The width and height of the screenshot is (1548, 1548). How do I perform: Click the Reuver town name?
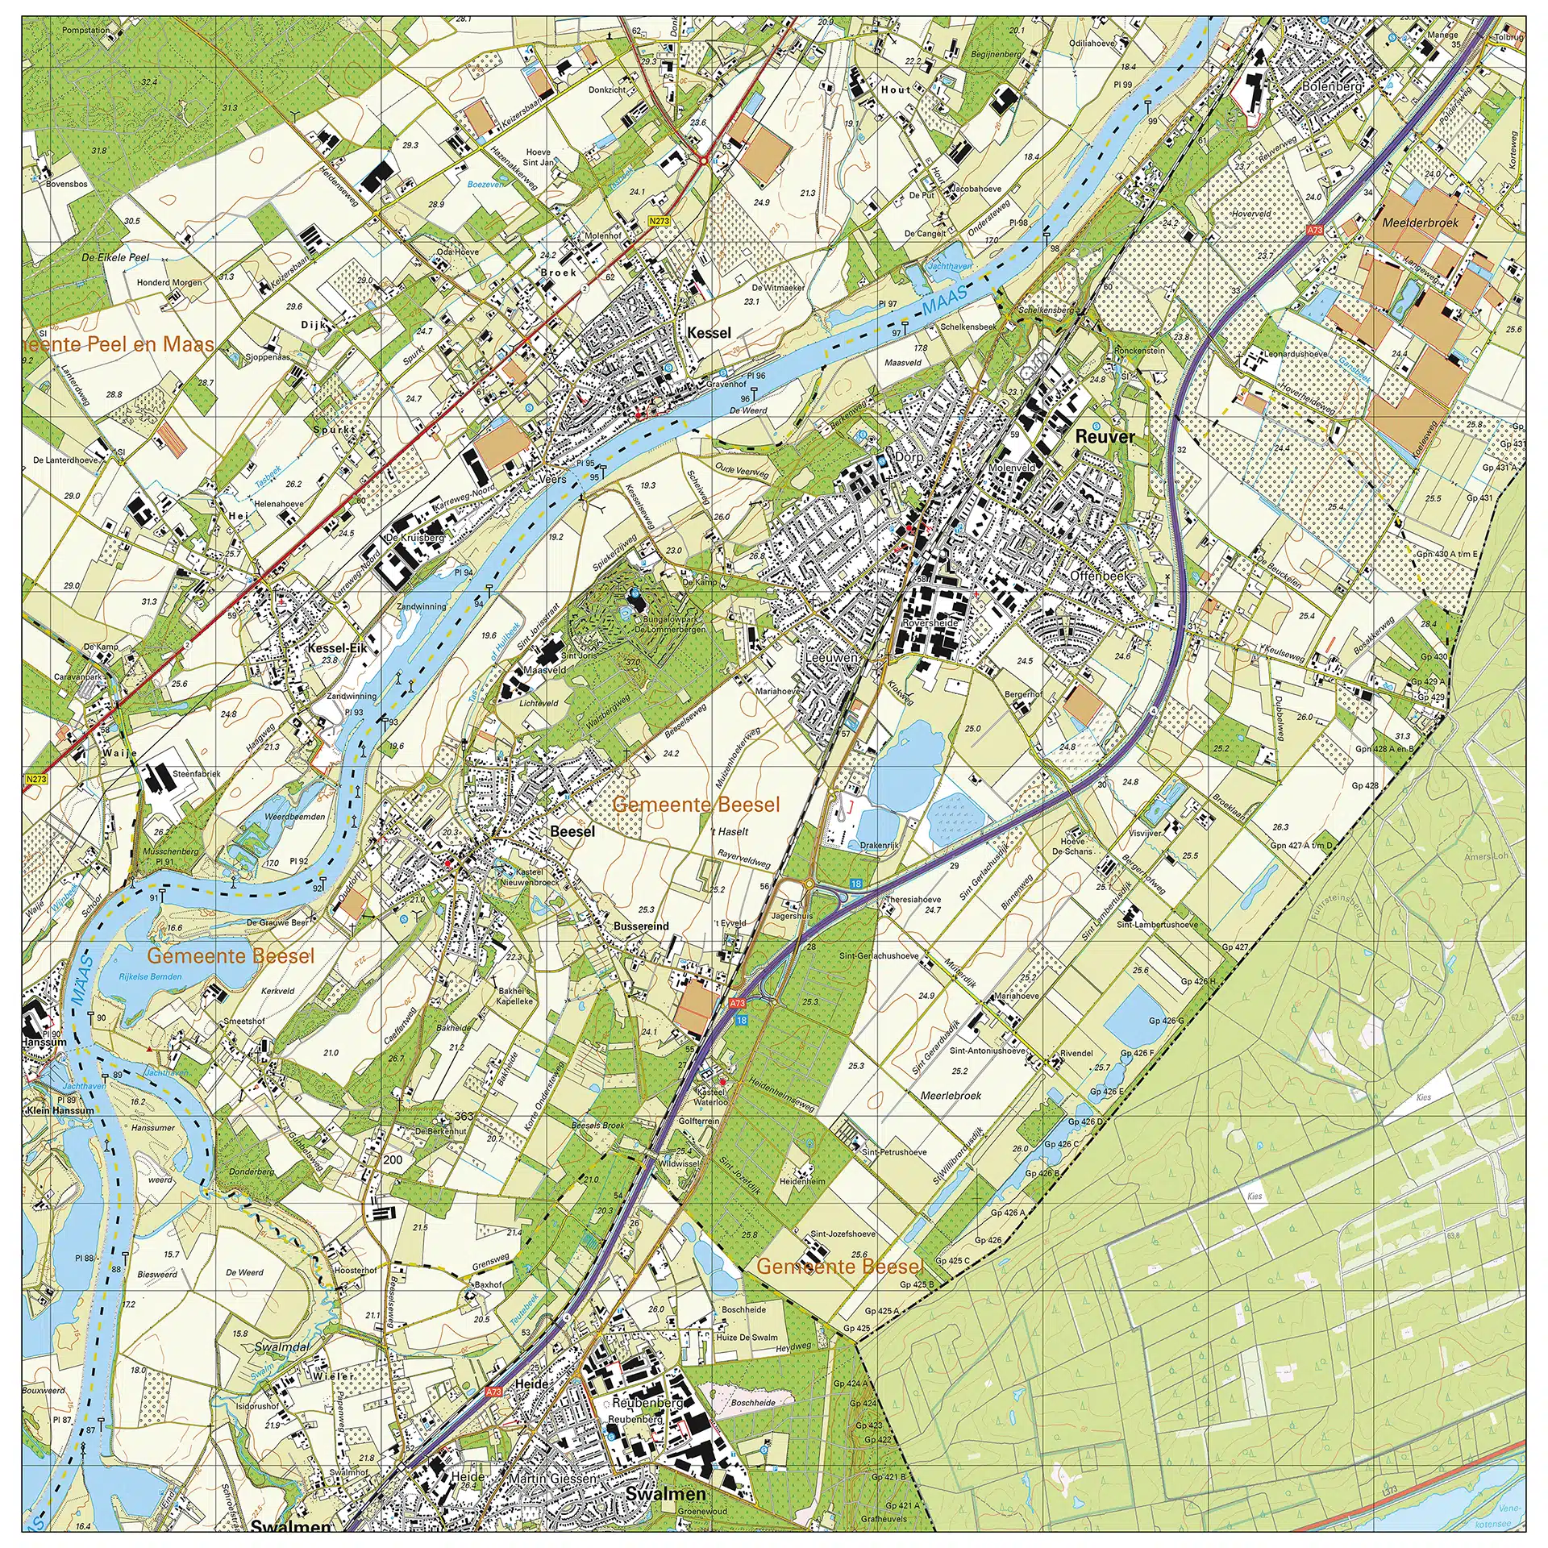(1105, 437)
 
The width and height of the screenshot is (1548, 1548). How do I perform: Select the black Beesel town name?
(572, 831)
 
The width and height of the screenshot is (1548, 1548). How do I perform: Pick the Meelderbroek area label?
(1420, 223)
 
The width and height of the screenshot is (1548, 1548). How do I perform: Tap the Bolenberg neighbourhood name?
(1332, 86)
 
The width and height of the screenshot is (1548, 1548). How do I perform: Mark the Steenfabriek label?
(196, 774)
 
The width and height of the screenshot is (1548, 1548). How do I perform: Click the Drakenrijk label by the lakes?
(879, 846)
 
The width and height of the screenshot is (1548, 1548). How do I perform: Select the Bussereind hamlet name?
(641, 926)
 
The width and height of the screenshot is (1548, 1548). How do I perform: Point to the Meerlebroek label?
(951, 1096)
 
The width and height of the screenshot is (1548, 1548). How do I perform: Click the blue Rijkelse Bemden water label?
(150, 976)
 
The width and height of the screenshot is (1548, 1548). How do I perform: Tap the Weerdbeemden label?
(295, 817)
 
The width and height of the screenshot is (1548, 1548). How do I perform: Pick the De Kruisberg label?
(414, 538)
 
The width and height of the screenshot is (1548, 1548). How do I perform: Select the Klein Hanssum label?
(60, 1110)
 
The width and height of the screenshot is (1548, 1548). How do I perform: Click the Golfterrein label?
(698, 1121)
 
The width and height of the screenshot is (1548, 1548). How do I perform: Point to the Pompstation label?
(86, 31)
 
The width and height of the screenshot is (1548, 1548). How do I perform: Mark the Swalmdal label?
(281, 1347)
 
